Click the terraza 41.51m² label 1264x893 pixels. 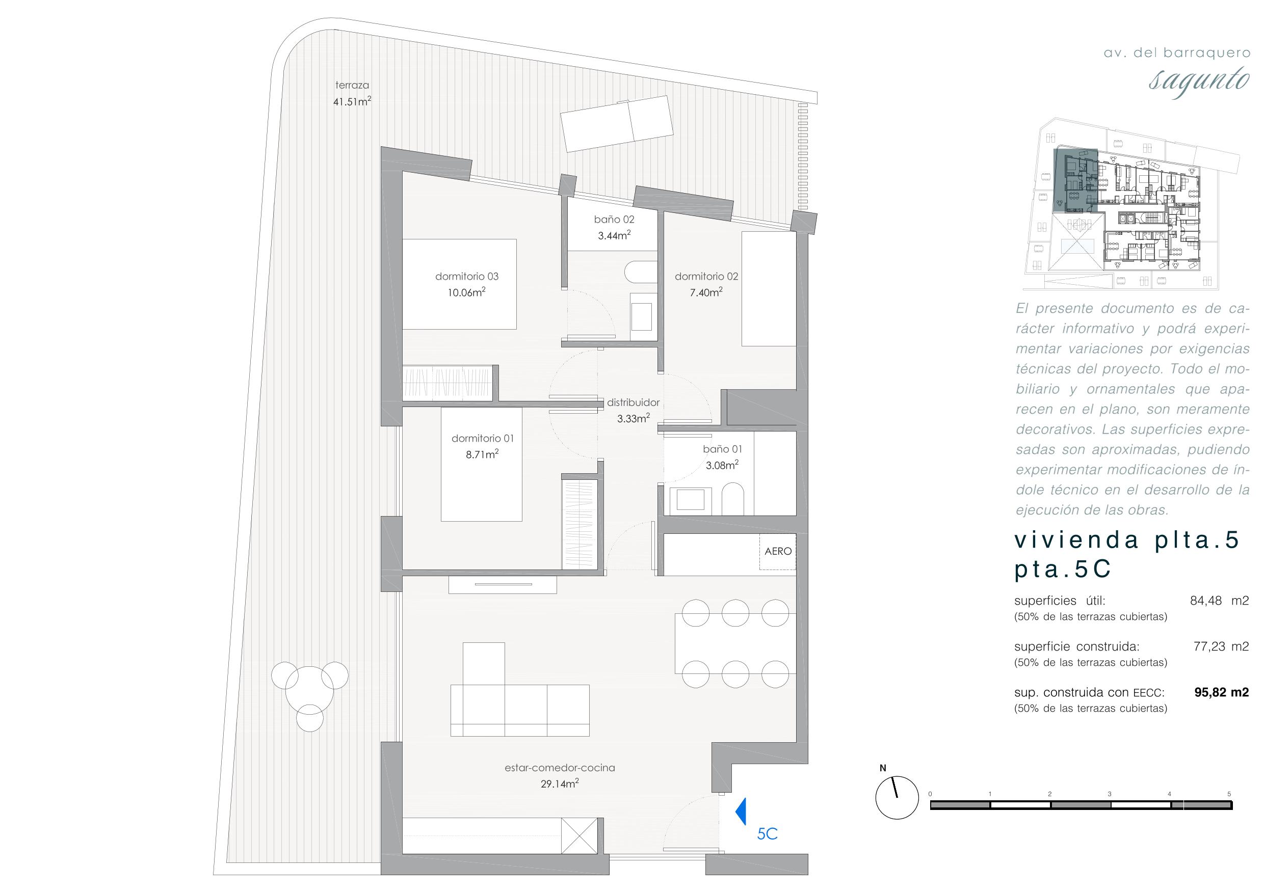pyautogui.click(x=352, y=93)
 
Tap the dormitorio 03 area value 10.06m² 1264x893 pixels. pyautogui.click(x=466, y=292)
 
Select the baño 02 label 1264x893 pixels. pyautogui.click(x=614, y=219)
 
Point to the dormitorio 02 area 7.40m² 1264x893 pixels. pyautogui.click(x=706, y=292)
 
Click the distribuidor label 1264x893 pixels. pyautogui.click(x=633, y=402)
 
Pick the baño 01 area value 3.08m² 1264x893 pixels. pyautogui.click(x=722, y=465)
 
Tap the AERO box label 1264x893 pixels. pyautogui.click(x=778, y=551)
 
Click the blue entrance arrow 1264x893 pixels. pyautogui.click(x=741, y=811)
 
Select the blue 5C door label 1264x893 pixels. pyautogui.click(x=767, y=834)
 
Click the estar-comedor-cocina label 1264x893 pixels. pyautogui.click(x=559, y=768)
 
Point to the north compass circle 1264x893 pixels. pyautogui.click(x=897, y=798)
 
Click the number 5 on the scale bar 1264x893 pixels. pyautogui.click(x=1229, y=794)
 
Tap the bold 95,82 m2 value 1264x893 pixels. pyautogui.click(x=1221, y=692)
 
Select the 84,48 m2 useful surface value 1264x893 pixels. pyautogui.click(x=1220, y=600)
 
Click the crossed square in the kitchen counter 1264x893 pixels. pyautogui.click(x=579, y=835)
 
